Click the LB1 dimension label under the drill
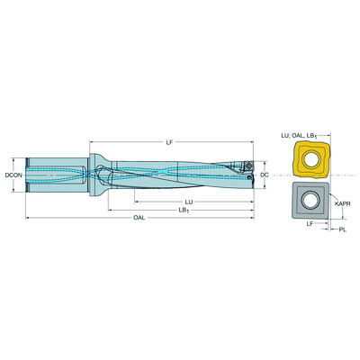click(184, 211)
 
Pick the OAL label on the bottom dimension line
click(138, 219)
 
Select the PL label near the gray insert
click(343, 231)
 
